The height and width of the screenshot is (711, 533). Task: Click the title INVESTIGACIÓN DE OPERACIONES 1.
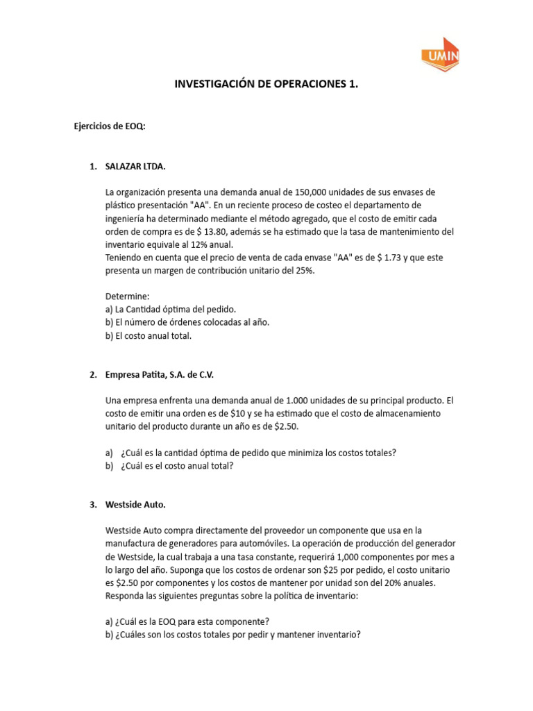click(x=266, y=84)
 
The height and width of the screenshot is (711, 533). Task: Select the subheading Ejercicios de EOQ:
click(x=110, y=126)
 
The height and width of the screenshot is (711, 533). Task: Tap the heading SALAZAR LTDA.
click(x=135, y=167)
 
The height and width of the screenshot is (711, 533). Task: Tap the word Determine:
click(x=123, y=296)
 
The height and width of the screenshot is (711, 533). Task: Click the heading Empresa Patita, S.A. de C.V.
click(x=160, y=375)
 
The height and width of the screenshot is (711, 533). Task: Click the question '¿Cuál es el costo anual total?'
click(x=177, y=466)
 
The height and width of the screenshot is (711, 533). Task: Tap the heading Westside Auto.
click(x=135, y=505)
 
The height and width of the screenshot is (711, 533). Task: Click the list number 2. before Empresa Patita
click(x=93, y=375)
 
